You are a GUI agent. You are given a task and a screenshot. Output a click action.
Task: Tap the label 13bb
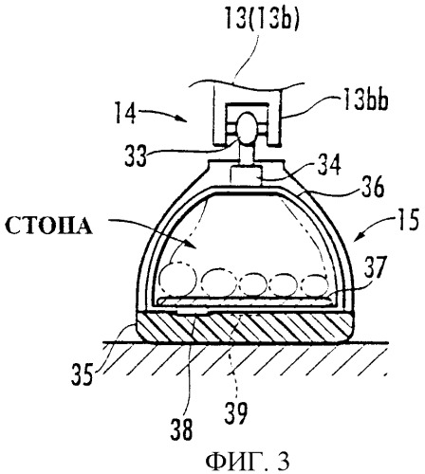(x=365, y=101)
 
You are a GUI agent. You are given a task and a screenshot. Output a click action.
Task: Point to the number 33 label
(x=136, y=155)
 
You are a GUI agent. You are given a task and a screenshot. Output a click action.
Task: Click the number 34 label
(x=329, y=165)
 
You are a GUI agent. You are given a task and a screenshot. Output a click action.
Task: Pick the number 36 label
(x=374, y=187)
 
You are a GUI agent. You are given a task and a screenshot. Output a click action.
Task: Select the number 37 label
(x=376, y=267)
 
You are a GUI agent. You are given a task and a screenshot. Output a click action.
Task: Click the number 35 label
(x=83, y=374)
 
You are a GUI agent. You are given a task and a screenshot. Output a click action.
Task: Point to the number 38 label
(x=181, y=429)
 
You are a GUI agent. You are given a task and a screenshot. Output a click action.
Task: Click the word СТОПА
(x=49, y=227)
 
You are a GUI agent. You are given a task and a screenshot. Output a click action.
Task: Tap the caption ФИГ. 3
(x=248, y=462)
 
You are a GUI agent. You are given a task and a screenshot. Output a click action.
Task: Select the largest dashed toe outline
(x=178, y=279)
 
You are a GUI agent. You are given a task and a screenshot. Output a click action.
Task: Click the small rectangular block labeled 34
(x=247, y=174)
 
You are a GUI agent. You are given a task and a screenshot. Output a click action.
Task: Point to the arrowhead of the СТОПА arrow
(x=194, y=246)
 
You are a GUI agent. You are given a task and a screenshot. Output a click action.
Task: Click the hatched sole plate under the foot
(x=244, y=327)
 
